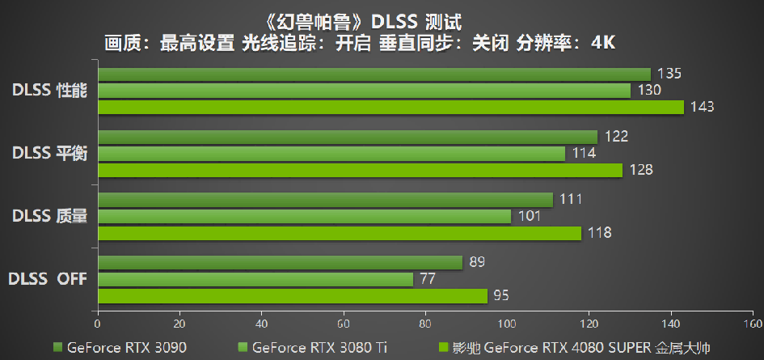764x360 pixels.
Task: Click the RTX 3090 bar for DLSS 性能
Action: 374,74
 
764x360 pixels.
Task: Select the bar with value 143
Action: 390,107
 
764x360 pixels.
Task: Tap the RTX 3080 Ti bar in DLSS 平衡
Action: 331,154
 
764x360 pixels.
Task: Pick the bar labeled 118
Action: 339,233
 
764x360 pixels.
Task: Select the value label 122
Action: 616,137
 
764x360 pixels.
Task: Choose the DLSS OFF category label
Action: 48,280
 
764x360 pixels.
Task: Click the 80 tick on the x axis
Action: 425,324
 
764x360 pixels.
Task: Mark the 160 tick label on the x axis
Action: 752,324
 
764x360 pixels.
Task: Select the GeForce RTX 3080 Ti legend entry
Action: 307,348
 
